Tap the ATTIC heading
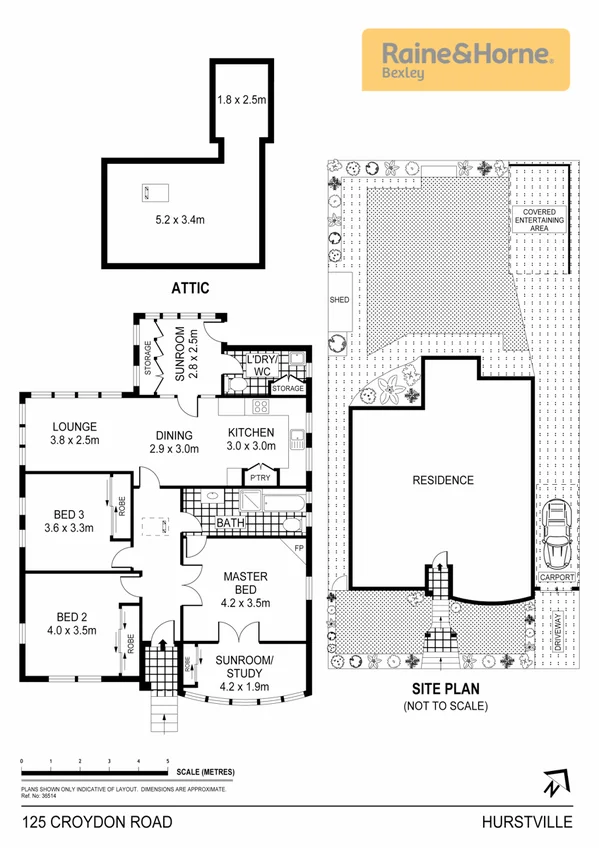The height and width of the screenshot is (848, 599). (189, 288)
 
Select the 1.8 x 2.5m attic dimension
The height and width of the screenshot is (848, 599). (241, 100)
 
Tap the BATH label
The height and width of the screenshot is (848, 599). (231, 522)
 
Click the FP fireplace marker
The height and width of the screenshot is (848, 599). (298, 548)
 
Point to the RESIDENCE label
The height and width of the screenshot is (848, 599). (443, 480)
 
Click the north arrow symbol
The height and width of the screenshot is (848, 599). (556, 786)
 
